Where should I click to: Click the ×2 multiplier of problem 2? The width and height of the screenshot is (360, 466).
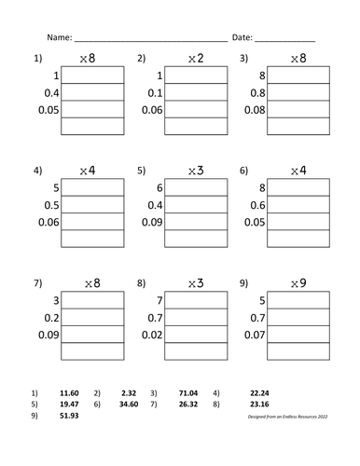pyautogui.click(x=193, y=59)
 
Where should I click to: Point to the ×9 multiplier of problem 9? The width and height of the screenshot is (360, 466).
pyautogui.click(x=298, y=284)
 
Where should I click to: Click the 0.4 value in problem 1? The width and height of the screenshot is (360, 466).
pyautogui.click(x=47, y=92)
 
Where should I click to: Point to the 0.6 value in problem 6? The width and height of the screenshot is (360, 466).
pyautogui.click(x=255, y=205)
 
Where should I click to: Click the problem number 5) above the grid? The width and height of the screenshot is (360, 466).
pyautogui.click(x=141, y=171)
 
